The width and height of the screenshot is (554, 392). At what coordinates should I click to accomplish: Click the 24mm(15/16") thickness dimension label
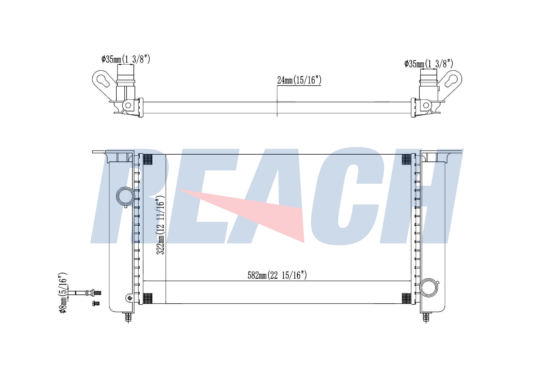tap(299, 80)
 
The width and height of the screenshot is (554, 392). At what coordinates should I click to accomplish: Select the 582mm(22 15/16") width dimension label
tap(277, 275)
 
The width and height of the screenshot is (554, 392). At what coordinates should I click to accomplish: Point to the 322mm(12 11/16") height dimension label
tap(160, 225)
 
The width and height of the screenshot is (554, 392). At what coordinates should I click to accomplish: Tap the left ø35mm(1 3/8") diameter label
tap(126, 59)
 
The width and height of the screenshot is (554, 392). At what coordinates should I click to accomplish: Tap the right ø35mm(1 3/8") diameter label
tap(429, 64)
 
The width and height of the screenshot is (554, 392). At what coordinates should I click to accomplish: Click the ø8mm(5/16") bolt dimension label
tap(63, 293)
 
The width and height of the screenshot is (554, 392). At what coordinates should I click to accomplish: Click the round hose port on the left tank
tap(125, 196)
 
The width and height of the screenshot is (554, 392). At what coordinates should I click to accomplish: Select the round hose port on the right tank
tap(429, 288)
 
